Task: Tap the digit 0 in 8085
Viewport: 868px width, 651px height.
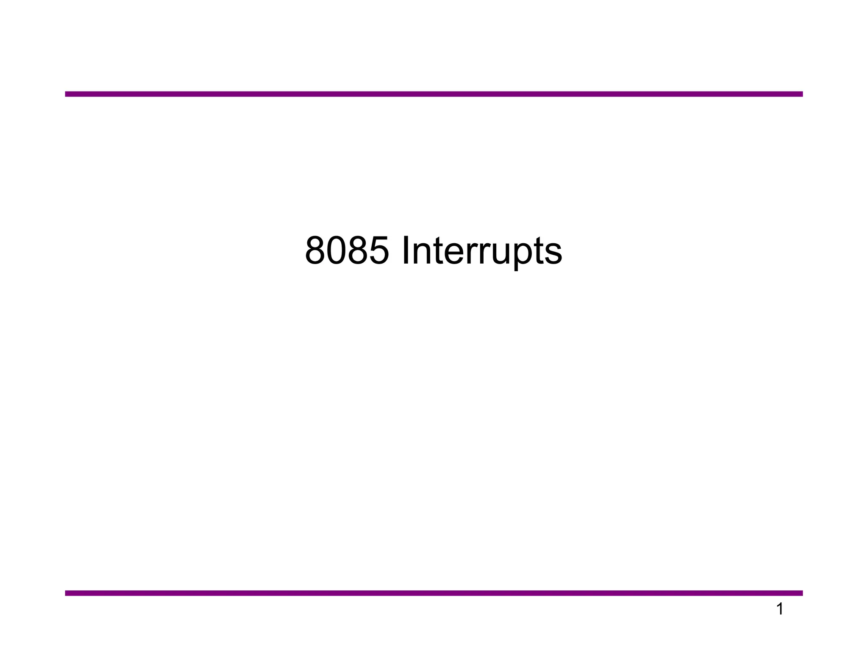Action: coord(337,250)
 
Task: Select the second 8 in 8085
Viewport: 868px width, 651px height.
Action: coord(358,250)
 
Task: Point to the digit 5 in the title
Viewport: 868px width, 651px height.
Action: coord(379,250)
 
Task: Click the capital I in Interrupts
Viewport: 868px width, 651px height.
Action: coord(406,250)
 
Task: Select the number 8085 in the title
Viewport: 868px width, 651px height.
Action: coord(347,250)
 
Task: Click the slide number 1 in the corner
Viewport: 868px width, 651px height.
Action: coord(779,609)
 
